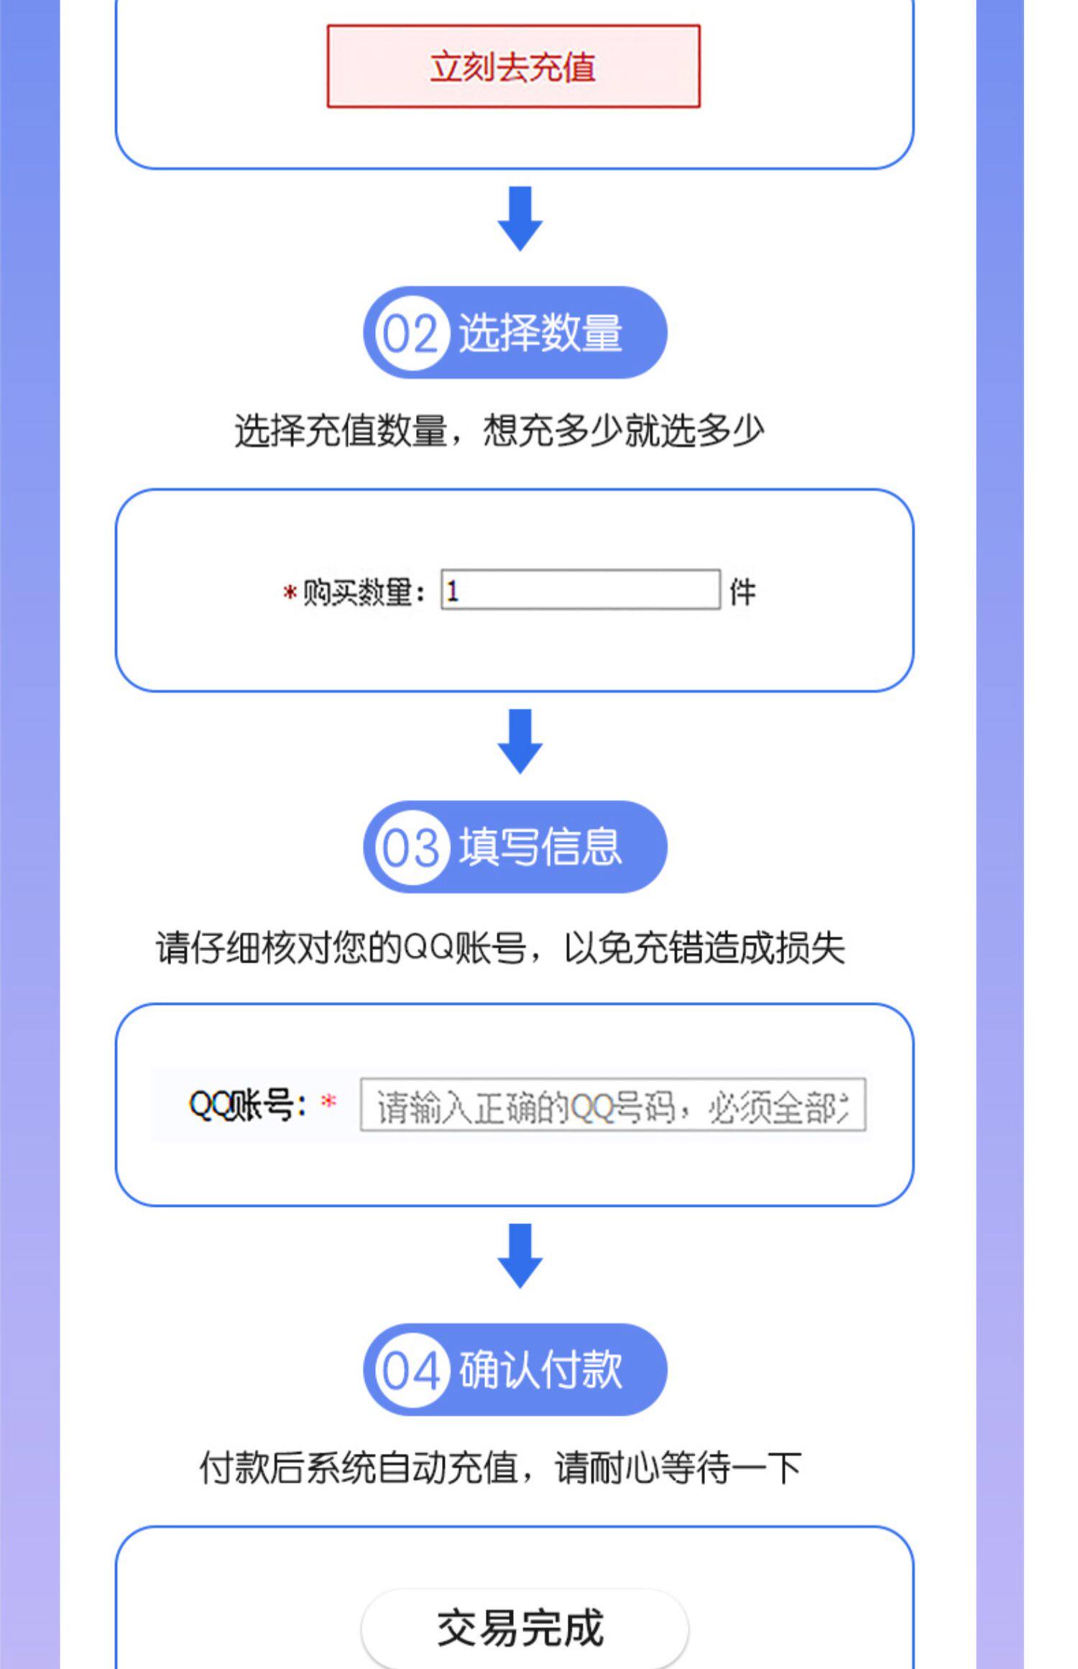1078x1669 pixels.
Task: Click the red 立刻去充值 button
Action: click(x=513, y=67)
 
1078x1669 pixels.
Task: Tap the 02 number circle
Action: click(x=410, y=334)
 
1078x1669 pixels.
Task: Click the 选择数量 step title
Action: click(x=540, y=334)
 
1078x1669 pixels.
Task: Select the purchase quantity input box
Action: click(x=580, y=590)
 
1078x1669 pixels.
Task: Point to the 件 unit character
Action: click(x=742, y=593)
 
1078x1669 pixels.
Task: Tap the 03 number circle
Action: click(x=410, y=848)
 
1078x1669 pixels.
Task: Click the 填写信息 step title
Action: click(x=540, y=847)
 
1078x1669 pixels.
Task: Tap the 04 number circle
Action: click(x=410, y=1371)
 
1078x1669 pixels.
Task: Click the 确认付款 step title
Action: click(x=540, y=1369)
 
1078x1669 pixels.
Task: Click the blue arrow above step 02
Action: click(x=520, y=219)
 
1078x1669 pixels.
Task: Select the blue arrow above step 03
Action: click(x=520, y=741)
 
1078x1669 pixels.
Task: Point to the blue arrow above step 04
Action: click(x=520, y=1256)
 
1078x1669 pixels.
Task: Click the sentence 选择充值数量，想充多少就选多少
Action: click(x=499, y=431)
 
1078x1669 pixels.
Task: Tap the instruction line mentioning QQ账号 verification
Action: click(x=500, y=948)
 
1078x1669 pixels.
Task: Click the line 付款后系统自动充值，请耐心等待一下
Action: click(x=500, y=1468)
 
